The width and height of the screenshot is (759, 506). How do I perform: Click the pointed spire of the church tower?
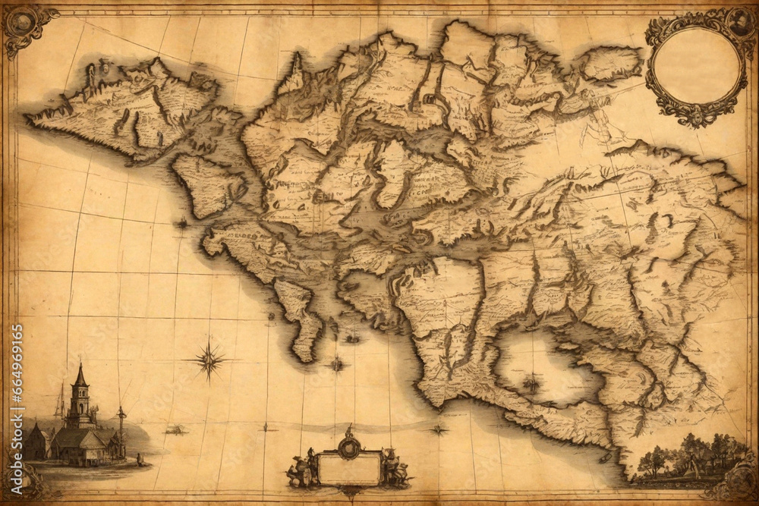coord(80,373)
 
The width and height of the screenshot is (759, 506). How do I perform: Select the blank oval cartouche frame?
coord(696,67)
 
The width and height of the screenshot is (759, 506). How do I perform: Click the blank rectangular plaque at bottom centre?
coord(349,467)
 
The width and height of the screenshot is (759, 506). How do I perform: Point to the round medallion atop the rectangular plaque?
coord(349,445)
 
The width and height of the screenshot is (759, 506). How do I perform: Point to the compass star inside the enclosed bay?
coord(532,383)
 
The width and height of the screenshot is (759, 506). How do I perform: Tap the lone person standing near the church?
coord(139,459)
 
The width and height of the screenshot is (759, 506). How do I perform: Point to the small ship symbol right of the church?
coord(175,430)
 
